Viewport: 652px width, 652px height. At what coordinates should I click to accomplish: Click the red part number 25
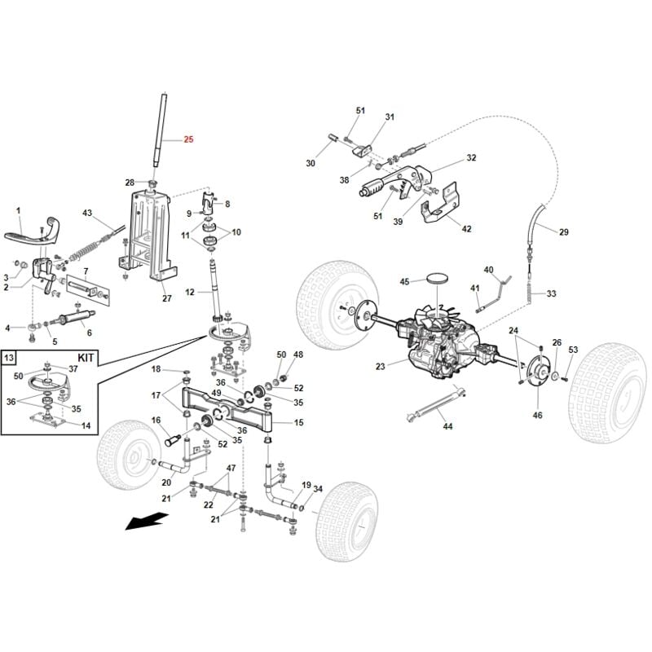point(189,140)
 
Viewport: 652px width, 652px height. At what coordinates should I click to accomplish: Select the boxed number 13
point(10,357)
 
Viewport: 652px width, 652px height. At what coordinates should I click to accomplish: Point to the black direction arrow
point(147,520)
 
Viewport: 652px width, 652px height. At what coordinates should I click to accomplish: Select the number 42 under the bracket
point(466,229)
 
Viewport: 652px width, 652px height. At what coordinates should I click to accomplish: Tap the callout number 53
point(573,350)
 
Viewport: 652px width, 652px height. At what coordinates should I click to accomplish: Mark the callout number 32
point(471,157)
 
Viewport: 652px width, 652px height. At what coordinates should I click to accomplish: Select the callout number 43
point(87,214)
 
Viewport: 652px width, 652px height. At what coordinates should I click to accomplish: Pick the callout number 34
point(318,490)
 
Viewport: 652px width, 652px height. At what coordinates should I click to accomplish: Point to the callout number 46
point(537,416)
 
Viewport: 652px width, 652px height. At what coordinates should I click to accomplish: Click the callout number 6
point(89,333)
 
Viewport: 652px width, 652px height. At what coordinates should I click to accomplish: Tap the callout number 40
point(489,270)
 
